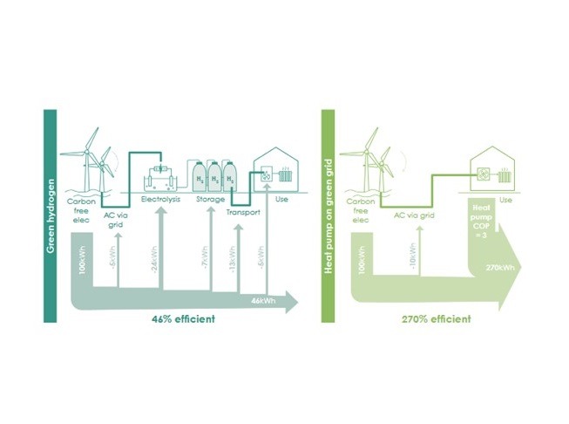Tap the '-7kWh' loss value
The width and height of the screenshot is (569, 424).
pyautogui.click(x=204, y=263)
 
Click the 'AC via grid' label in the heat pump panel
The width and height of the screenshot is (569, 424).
pyautogui.click(x=413, y=213)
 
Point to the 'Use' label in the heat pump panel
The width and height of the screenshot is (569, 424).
pyautogui.click(x=505, y=200)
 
